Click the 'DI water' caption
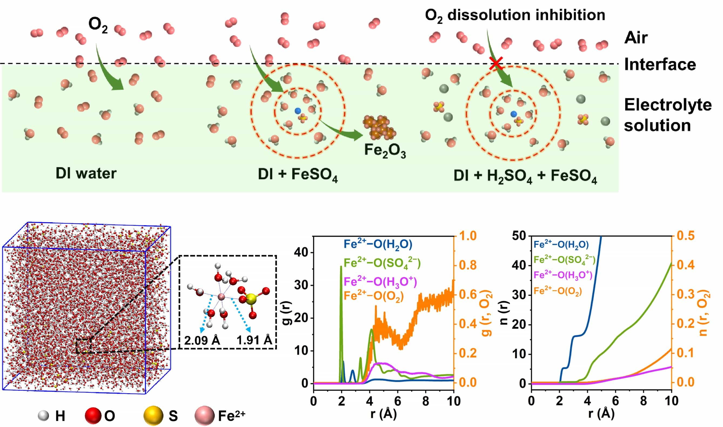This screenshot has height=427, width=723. click(86, 173)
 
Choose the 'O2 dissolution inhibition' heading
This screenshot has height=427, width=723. click(515, 15)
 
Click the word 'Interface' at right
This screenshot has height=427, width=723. click(660, 64)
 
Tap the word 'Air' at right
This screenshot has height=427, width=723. click(636, 38)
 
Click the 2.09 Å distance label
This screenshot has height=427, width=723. click(202, 340)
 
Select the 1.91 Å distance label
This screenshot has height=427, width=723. click(254, 340)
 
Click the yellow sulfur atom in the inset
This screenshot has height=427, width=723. click(251, 299)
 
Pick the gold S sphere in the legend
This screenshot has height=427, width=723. click(153, 415)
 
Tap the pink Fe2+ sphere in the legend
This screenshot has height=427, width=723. click(204, 415)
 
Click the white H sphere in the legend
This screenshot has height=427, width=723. click(44, 415)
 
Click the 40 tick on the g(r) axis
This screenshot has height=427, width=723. click(301, 253)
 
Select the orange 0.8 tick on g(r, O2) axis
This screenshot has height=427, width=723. click(468, 265)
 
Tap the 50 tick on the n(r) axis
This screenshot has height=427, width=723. click(519, 236)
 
